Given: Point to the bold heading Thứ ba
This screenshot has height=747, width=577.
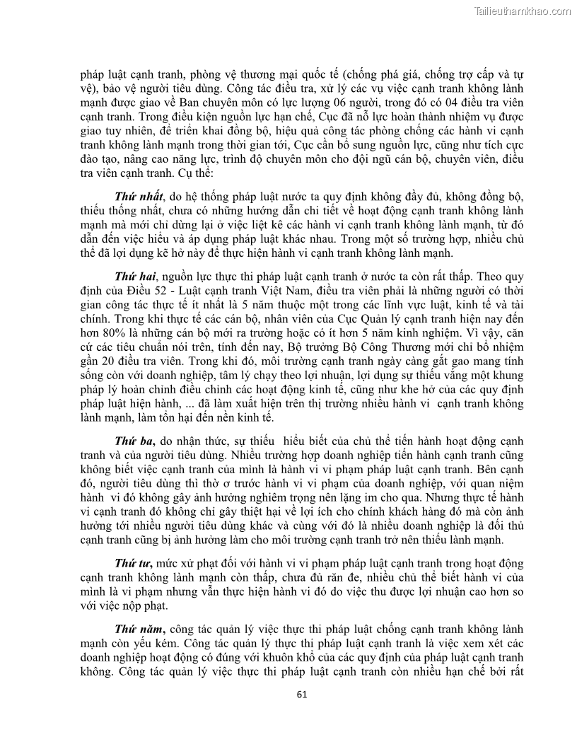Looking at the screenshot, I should pyautogui.click(x=134, y=422).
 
